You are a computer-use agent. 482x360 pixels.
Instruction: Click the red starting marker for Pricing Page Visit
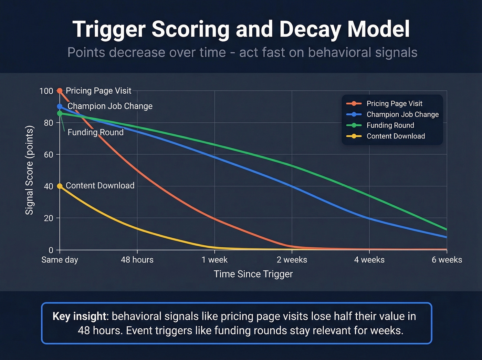60,91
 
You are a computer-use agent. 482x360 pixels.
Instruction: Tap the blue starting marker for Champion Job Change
60,106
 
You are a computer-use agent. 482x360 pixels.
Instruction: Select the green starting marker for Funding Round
60,113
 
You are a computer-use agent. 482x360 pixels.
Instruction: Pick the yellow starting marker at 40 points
60,186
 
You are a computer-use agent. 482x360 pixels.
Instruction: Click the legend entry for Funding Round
390,125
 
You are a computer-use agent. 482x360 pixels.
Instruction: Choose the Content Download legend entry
396,136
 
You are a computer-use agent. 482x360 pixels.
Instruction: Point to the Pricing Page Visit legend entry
394,104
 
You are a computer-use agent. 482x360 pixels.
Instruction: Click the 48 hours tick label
137,260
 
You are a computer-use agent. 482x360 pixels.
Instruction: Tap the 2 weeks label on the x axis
292,260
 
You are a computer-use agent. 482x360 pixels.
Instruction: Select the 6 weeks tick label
447,260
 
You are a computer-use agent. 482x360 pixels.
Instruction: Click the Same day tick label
60,260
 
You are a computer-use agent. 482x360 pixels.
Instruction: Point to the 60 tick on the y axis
49,155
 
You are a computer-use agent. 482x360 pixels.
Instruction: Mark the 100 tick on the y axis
46,91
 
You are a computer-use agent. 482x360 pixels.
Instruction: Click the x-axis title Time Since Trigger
253,274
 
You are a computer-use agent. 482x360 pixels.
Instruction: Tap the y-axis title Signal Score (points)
30,170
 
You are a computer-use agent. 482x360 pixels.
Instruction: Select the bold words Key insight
80,316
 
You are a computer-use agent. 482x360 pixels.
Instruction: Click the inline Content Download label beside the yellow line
100,186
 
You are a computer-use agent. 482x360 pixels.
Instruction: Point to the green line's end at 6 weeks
446,229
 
